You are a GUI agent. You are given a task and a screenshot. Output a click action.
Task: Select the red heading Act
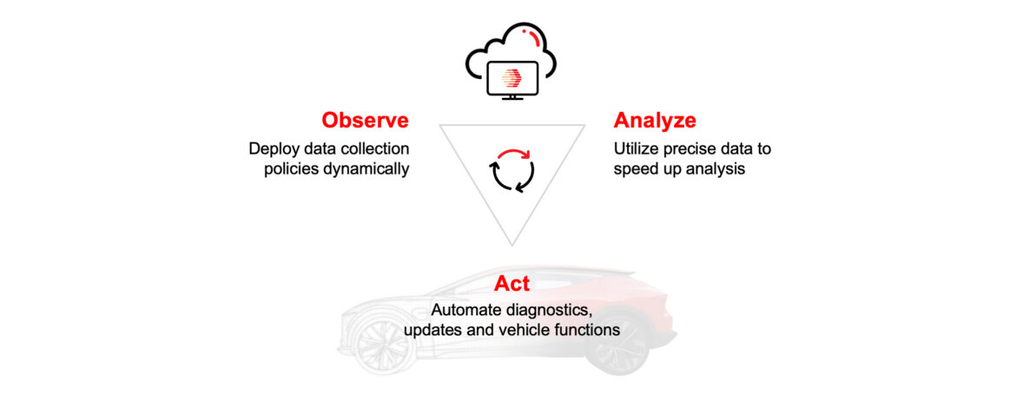point(511,284)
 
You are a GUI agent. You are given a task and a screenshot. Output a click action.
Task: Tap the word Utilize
point(637,148)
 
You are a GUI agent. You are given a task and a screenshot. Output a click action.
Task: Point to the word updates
point(432,331)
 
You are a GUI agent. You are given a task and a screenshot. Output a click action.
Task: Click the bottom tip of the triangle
point(511,245)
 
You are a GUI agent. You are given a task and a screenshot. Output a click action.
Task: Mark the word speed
point(635,168)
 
